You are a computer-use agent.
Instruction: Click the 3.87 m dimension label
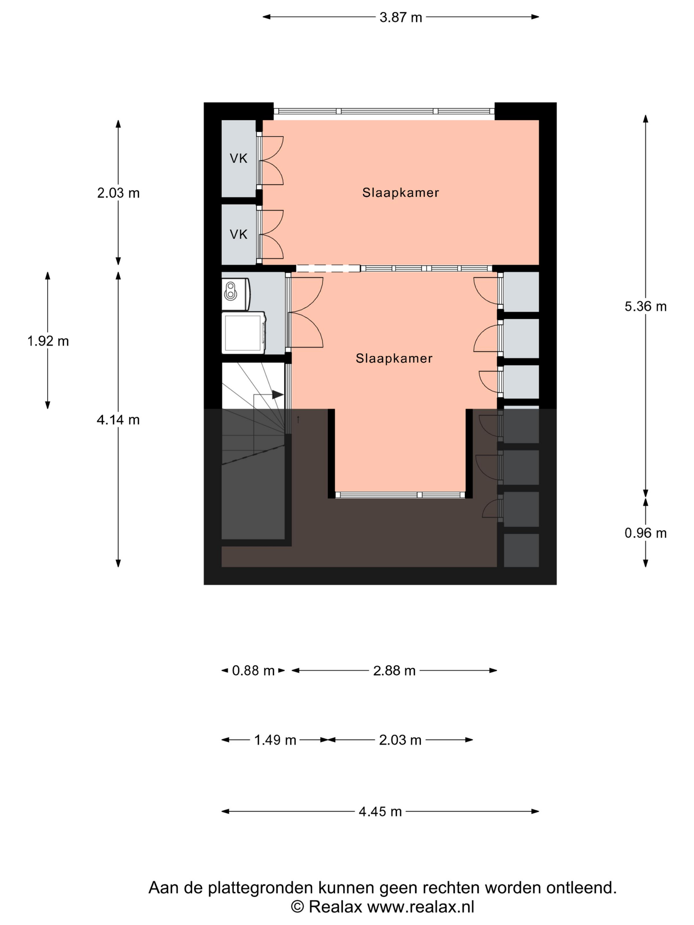400,18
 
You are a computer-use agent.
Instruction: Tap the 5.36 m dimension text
645,307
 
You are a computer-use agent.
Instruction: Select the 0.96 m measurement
645,533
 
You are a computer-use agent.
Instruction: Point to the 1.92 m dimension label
48,341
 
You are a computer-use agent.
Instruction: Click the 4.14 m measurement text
118,420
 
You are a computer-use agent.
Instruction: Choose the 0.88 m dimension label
253,671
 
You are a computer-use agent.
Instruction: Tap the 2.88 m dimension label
394,671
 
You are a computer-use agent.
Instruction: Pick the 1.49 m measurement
275,740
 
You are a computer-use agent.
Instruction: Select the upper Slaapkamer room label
400,193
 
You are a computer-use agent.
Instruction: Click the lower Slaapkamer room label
394,358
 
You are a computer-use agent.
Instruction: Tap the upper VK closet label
239,159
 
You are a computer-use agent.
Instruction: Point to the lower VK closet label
239,235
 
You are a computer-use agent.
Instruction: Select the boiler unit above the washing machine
236,294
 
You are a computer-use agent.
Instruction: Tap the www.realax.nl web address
421,907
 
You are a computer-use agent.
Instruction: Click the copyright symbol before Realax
297,907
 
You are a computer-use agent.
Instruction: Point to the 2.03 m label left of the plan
118,193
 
